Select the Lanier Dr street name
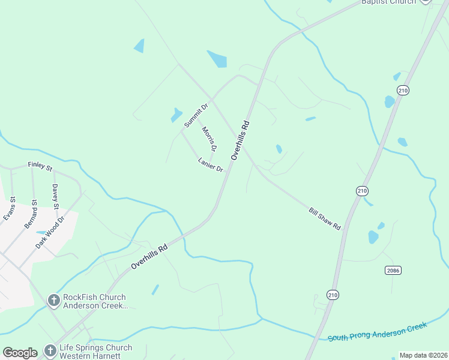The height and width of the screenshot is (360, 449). [x=210, y=164]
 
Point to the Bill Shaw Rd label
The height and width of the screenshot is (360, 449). [x=325, y=219]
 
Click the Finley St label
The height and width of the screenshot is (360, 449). [x=40, y=166]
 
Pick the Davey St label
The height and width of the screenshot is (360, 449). [x=55, y=197]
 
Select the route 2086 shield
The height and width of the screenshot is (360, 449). [x=393, y=271]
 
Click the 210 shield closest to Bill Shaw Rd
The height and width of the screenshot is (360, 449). [x=361, y=191]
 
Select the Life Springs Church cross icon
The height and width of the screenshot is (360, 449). [x=49, y=351]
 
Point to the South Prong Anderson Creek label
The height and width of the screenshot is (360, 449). [x=377, y=331]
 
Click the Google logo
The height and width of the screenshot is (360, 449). [x=20, y=353]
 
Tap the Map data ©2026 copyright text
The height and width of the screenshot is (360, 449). [x=423, y=355]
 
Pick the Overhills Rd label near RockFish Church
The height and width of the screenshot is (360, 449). [x=148, y=257]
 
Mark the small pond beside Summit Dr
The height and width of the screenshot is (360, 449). [x=176, y=114]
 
